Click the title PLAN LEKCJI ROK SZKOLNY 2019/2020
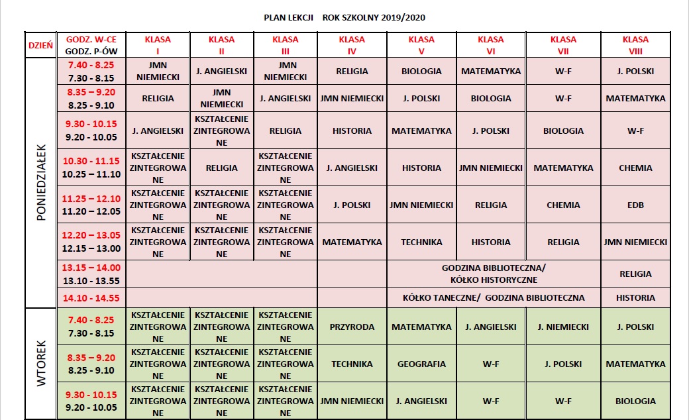pos(345,18)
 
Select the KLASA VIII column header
pos(635,44)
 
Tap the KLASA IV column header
pos(352,44)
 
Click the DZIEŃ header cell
pos(40,44)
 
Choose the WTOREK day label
pos(40,363)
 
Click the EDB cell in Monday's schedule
pos(635,205)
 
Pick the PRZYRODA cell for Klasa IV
pos(352,327)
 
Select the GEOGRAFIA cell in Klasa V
pos(421,364)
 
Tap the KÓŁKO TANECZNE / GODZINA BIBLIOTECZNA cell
pos(494,297)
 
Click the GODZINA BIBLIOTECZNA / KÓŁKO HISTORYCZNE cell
pos(494,274)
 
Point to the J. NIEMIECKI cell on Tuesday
pos(563,327)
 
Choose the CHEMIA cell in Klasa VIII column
pos(635,168)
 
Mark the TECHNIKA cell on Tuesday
pos(352,364)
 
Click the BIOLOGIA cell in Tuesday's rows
pos(635,401)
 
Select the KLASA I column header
pos(158,44)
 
